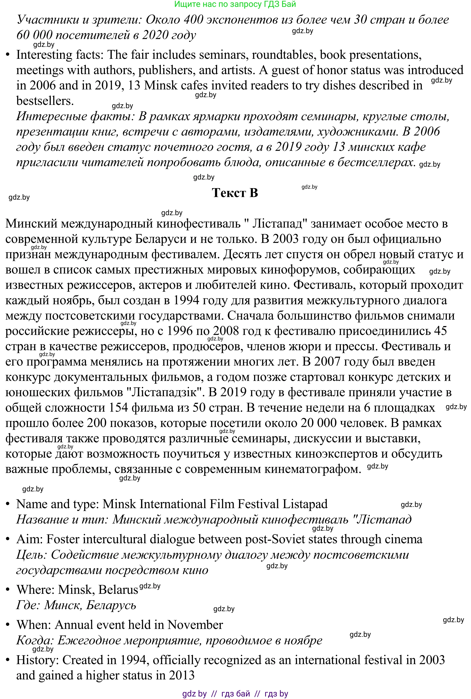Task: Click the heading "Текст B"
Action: click(x=235, y=193)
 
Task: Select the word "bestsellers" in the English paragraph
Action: click(x=44, y=101)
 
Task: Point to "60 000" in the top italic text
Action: click(x=34, y=35)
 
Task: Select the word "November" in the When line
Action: click(x=195, y=625)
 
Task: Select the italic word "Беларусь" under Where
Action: click(x=111, y=605)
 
